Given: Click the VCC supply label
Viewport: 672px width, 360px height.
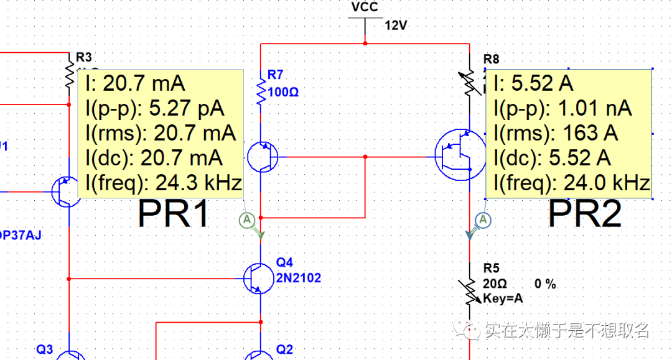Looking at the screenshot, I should tap(365, 7).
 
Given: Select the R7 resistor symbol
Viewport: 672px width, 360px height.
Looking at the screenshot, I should tap(261, 89).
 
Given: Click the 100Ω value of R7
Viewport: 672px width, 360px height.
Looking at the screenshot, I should tap(284, 92).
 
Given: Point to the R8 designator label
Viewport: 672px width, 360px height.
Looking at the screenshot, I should tap(491, 59).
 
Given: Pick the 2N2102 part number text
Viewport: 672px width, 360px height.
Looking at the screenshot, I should tap(299, 278).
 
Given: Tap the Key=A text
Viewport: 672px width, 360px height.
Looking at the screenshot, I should tap(503, 298).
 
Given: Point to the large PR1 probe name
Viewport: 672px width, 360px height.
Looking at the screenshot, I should tap(174, 215).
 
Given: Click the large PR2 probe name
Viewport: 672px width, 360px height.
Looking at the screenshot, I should tap(584, 215).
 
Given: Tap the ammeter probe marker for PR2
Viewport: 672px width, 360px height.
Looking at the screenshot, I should tap(483, 219).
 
